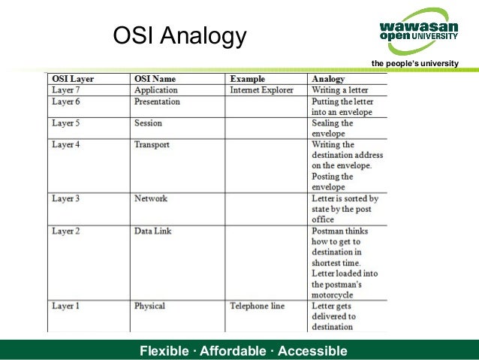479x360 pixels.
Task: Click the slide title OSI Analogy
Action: pyautogui.click(x=179, y=35)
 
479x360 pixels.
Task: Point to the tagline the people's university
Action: pyautogui.click(x=414, y=62)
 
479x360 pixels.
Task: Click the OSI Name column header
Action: pyautogui.click(x=155, y=79)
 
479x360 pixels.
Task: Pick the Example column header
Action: pyautogui.click(x=248, y=79)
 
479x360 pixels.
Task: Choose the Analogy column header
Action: pyautogui.click(x=328, y=79)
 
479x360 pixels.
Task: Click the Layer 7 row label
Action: pyautogui.click(x=65, y=90)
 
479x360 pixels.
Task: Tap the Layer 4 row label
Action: pyautogui.click(x=65, y=144)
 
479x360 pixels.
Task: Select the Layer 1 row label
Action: pyautogui.click(x=65, y=306)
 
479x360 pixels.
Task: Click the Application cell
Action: pyautogui.click(x=156, y=90)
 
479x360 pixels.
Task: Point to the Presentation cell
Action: pyautogui.click(x=157, y=101)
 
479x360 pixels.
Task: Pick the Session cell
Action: pyautogui.click(x=148, y=123)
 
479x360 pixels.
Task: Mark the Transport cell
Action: pyautogui.click(x=152, y=144)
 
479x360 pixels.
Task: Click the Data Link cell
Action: pyautogui.click(x=152, y=231)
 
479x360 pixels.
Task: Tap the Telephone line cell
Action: pyautogui.click(x=258, y=306)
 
